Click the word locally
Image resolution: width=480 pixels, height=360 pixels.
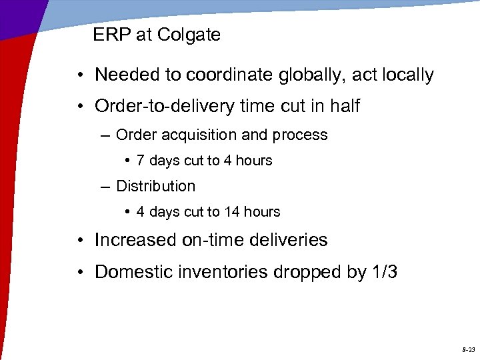405,75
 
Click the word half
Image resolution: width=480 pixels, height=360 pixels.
343,106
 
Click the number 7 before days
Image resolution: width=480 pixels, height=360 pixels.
140,161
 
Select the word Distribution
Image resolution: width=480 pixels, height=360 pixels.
155,187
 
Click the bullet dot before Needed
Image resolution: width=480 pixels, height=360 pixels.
79,75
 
